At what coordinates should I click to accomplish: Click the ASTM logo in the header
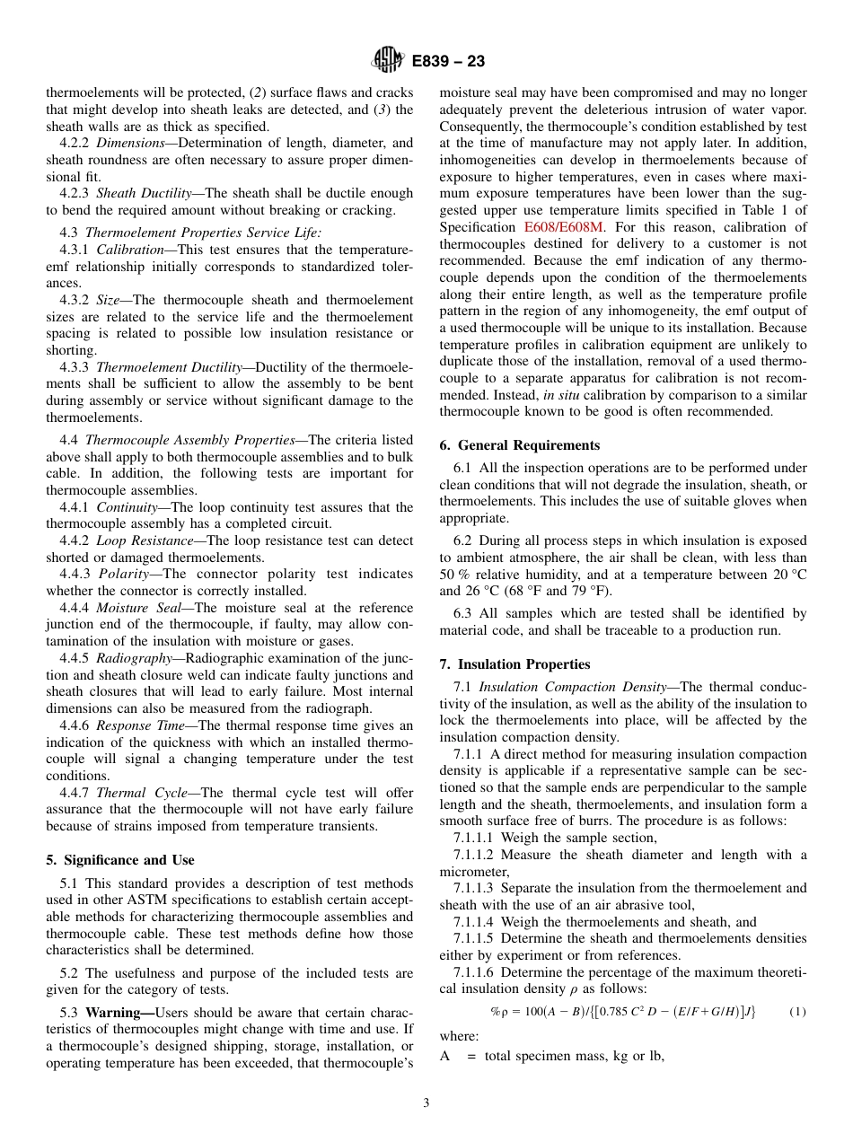coord(388,61)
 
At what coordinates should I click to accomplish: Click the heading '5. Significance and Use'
coord(119,859)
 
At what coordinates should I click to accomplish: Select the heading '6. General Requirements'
coord(520,444)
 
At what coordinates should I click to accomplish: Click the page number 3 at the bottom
coord(426,1102)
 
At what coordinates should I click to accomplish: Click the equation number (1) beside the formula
coord(797,1012)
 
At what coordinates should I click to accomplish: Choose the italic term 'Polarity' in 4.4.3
coord(122,574)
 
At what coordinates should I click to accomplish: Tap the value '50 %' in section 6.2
coord(455,575)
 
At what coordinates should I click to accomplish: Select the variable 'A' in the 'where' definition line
coord(444,1056)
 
